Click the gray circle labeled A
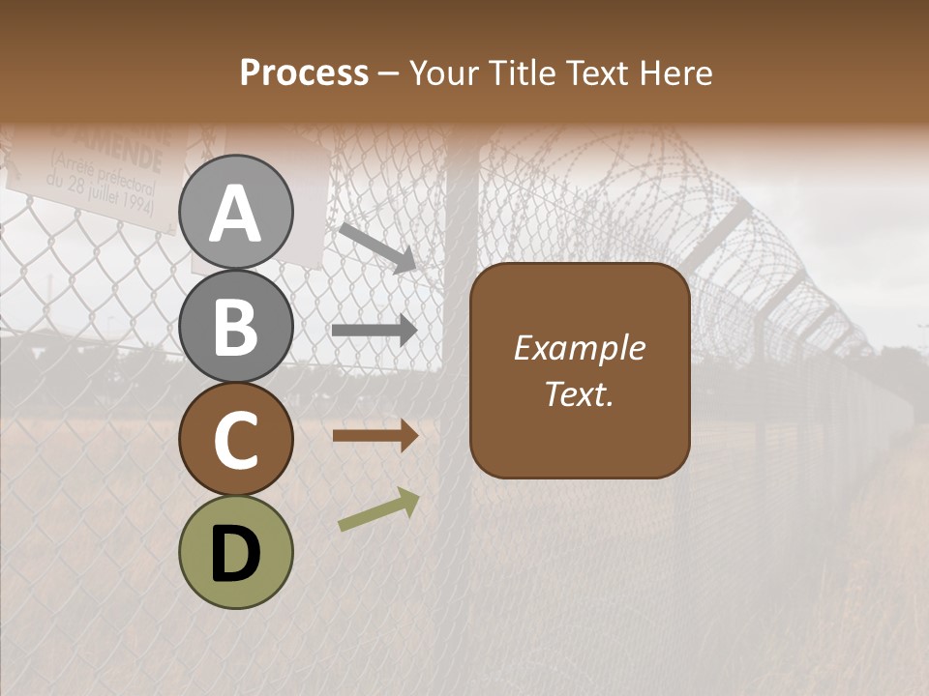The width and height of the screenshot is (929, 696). (x=236, y=212)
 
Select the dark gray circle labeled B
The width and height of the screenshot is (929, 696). (x=236, y=325)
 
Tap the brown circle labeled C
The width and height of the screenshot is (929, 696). (x=236, y=439)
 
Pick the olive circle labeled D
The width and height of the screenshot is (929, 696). (x=236, y=552)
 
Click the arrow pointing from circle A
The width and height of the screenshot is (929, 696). (x=376, y=247)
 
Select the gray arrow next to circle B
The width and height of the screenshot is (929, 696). (x=375, y=331)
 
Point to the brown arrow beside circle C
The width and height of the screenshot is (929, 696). (x=375, y=436)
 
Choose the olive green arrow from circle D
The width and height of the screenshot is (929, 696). (x=378, y=509)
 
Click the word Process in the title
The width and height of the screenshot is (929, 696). (x=304, y=72)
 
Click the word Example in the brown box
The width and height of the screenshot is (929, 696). (x=579, y=348)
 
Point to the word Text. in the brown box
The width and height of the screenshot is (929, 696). (x=579, y=393)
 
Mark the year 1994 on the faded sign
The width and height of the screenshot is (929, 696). (x=135, y=206)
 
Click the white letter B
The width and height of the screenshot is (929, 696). (x=236, y=325)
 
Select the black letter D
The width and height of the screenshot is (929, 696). (x=236, y=553)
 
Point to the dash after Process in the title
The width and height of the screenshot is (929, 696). (x=389, y=73)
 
